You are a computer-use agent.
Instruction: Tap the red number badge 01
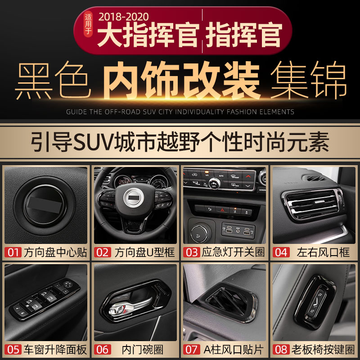(x=13, y=252)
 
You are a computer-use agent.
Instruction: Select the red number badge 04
(x=281, y=252)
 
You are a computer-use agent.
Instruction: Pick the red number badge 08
(x=281, y=350)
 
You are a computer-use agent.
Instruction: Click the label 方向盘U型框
(x=144, y=252)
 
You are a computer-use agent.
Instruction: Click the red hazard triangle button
(x=221, y=209)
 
